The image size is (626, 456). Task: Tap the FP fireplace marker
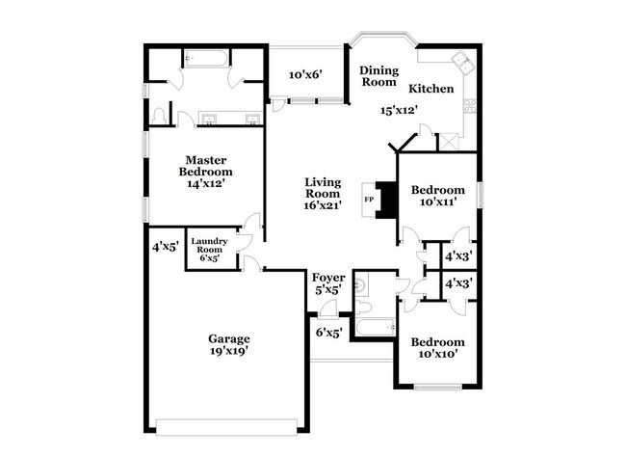tap(369, 200)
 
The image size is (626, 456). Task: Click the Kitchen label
tap(430, 89)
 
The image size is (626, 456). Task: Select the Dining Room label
tap(378, 76)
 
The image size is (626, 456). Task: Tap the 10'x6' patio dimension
tap(305, 73)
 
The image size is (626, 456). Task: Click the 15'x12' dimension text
tap(400, 110)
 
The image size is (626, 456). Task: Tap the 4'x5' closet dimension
tap(165, 247)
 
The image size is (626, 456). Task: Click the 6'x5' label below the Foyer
tap(329, 334)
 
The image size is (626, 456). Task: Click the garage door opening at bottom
tap(228, 422)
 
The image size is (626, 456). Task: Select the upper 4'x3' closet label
tap(456, 256)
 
